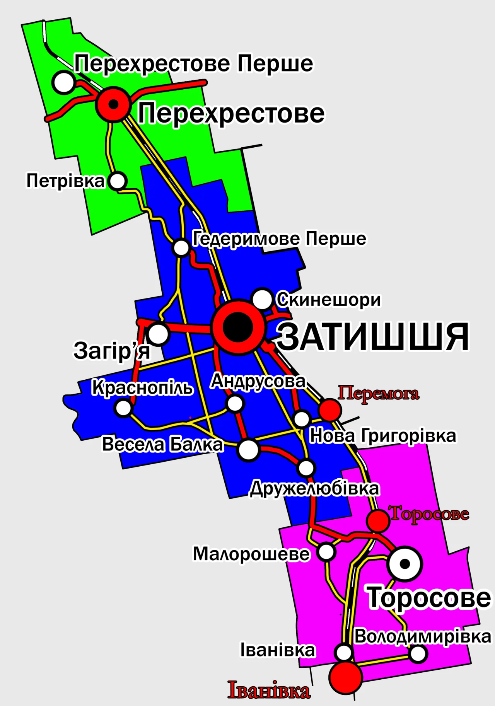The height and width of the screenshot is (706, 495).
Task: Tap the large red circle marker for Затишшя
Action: point(238,327)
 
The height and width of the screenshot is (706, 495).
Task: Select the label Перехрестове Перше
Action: point(193,64)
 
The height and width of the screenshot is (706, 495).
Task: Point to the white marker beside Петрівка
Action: point(118,181)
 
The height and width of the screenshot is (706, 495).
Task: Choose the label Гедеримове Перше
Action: point(279,239)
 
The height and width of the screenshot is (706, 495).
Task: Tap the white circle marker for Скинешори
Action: point(262,299)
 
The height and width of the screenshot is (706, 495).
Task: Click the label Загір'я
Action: point(111,350)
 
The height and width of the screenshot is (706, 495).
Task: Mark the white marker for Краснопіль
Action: point(124,408)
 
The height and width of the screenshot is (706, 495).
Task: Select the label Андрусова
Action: point(258,382)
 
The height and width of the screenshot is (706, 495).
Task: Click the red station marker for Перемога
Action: point(330,410)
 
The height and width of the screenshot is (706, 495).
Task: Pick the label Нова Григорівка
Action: point(383,436)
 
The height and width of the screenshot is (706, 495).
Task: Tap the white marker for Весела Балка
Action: point(248,450)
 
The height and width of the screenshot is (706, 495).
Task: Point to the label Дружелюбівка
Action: point(314,489)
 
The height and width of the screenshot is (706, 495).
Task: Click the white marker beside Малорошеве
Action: point(326,552)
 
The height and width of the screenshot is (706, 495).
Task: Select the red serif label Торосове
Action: point(429,513)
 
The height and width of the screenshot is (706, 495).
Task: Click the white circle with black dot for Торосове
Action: point(405,564)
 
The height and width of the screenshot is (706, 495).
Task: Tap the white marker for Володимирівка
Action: point(418,654)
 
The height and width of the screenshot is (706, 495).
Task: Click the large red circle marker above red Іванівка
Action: point(345,677)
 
